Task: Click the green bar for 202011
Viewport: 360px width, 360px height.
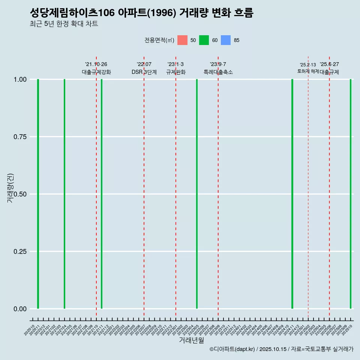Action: click(x=38, y=194)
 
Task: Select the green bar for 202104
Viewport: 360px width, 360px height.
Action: click(x=64, y=194)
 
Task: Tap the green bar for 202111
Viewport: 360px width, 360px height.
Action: click(x=102, y=194)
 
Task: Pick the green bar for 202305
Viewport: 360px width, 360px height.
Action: click(x=197, y=194)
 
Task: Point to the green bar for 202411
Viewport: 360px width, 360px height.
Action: click(x=292, y=194)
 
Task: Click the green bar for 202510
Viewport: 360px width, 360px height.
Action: click(x=351, y=194)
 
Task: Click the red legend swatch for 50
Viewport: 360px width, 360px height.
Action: click(x=182, y=40)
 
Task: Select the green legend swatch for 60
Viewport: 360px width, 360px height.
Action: click(x=204, y=40)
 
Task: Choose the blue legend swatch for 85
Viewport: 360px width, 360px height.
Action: click(x=226, y=40)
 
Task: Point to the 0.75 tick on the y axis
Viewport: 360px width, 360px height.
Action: click(x=20, y=137)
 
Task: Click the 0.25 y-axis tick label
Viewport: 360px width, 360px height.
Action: click(x=20, y=252)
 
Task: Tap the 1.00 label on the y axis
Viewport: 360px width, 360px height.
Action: click(x=20, y=79)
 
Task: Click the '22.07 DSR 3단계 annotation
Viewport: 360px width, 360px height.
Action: click(x=144, y=68)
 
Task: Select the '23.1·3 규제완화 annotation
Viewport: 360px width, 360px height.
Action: click(x=175, y=68)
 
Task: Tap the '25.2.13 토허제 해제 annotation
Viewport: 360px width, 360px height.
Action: click(x=308, y=68)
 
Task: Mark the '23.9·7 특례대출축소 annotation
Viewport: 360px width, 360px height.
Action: click(x=218, y=68)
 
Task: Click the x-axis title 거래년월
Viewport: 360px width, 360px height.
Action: click(x=191, y=340)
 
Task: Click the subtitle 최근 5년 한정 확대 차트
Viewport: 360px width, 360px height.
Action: click(x=64, y=24)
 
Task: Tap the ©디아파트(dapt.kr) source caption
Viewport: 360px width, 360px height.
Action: click(x=281, y=349)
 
